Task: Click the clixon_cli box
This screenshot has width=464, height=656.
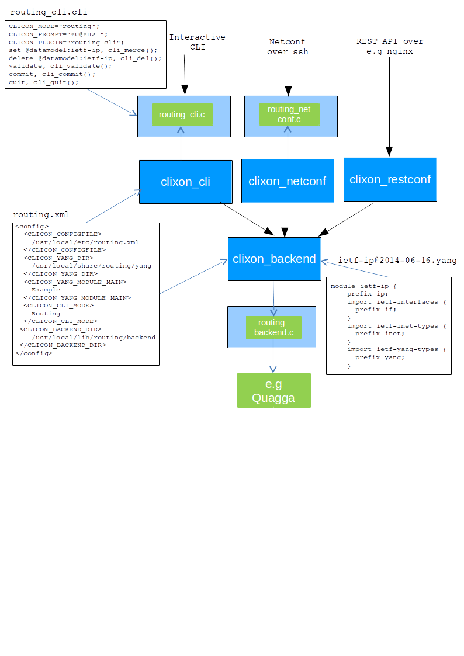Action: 185,182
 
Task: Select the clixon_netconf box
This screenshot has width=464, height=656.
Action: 287,181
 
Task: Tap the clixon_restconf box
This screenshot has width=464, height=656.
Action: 390,179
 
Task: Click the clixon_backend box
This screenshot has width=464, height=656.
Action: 274,259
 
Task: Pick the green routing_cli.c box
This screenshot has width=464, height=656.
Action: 182,114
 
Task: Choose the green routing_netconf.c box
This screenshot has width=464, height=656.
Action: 289,114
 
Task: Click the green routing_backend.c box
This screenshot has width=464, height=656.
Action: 273,328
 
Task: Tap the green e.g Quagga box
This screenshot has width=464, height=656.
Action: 273,390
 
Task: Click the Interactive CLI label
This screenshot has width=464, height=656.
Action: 197,42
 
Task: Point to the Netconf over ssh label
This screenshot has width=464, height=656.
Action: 287,47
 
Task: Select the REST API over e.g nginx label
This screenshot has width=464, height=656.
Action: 390,46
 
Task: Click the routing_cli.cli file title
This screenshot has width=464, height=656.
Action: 49,12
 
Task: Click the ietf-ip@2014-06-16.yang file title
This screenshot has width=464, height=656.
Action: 397,260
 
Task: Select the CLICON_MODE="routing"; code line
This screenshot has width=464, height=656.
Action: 54,26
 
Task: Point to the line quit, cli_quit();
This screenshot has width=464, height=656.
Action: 43,82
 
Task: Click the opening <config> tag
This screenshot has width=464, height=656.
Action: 32,227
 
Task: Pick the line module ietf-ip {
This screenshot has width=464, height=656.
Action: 363,286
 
